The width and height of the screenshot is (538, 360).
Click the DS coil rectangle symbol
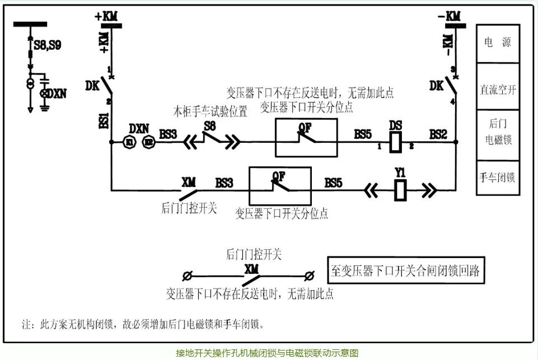point(395,143)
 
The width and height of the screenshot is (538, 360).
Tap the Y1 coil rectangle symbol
point(400,190)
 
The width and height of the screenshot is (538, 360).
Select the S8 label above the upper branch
point(210,125)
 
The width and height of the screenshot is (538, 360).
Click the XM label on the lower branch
point(189,181)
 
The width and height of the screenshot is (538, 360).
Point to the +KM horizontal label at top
point(106,17)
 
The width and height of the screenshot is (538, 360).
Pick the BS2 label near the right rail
point(438,134)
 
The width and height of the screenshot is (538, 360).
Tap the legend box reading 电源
point(498,43)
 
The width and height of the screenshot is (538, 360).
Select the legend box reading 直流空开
point(498,89)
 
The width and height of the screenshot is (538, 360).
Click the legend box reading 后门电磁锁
point(498,132)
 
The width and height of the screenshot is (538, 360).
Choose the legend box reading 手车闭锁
point(498,177)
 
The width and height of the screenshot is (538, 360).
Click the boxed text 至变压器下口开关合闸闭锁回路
point(405,272)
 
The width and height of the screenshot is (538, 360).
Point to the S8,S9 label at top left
point(48,46)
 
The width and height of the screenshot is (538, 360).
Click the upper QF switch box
point(306,138)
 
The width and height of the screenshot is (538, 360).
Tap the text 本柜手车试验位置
point(210,111)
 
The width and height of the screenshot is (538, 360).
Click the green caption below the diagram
point(267,353)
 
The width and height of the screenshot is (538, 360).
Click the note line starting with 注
point(143,324)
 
